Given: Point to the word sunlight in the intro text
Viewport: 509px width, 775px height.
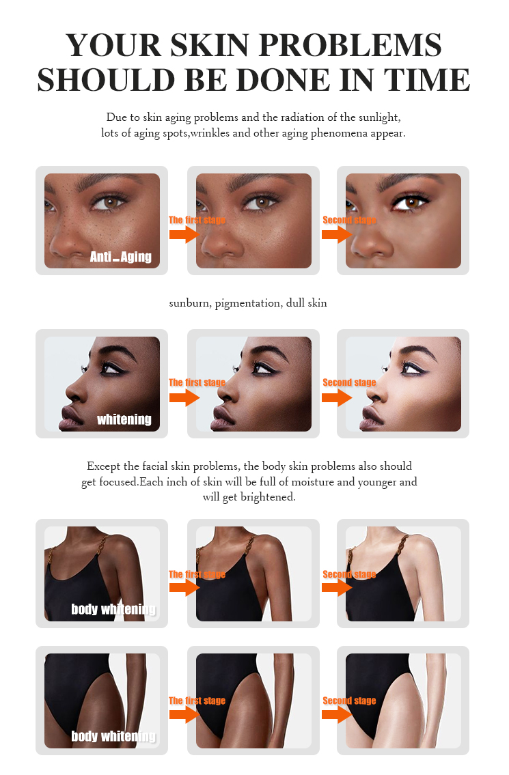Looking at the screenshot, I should (380, 117).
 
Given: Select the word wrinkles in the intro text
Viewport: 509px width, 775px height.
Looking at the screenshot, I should (210, 133).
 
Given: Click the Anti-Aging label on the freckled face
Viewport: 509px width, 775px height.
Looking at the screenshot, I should (121, 257).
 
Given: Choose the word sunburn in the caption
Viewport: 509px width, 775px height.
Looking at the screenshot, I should (189, 302).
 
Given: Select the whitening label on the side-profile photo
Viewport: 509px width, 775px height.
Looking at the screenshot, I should (124, 419).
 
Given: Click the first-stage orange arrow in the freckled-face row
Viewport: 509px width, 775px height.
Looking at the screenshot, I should (183, 235).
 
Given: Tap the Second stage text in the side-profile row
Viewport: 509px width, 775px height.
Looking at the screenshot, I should (349, 382).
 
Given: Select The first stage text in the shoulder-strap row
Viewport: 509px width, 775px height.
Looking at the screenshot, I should (197, 574).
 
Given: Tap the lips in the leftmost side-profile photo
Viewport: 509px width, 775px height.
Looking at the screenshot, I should (68, 415).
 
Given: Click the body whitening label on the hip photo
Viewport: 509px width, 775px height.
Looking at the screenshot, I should (113, 736).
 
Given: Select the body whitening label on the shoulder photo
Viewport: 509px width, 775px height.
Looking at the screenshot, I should (113, 608).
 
